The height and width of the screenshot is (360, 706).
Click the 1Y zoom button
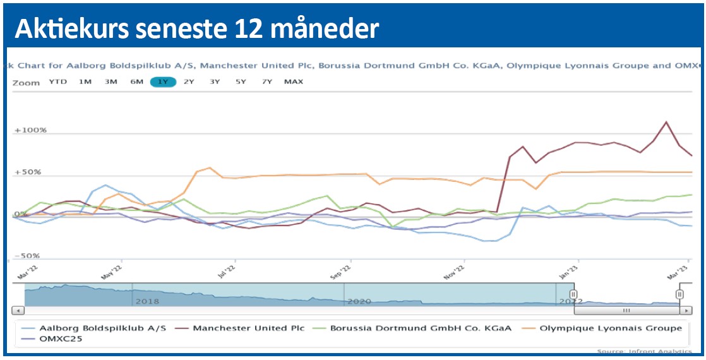(162, 82)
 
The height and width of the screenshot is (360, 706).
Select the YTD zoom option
(58, 82)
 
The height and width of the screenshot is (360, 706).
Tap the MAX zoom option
(293, 82)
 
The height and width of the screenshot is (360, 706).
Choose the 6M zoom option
(136, 82)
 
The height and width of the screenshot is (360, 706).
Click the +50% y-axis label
(28, 172)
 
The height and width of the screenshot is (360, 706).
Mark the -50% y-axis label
(28, 256)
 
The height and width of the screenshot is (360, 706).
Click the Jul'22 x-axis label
(226, 270)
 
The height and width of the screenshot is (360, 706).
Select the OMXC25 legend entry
(61, 339)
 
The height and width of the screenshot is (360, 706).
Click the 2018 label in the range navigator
(147, 302)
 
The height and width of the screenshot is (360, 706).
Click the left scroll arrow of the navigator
(18, 311)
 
